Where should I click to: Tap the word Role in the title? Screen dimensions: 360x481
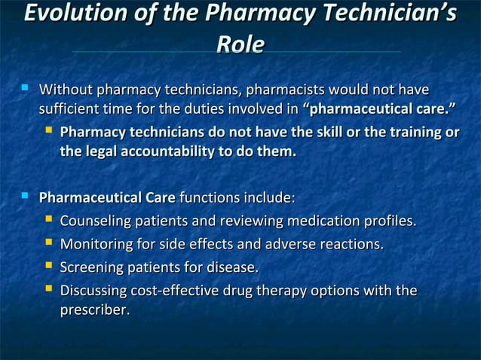(x=240, y=44)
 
